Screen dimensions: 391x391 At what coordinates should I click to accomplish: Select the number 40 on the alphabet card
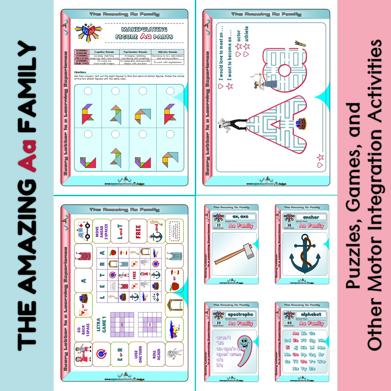coord(289,323)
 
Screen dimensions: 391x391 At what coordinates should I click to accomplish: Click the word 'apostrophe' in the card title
coord(240,315)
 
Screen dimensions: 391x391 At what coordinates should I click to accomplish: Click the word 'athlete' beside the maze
coord(246,34)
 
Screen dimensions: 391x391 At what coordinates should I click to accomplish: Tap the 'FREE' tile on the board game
coord(138,232)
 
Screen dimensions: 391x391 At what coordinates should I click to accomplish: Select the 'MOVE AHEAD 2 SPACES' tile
coord(101,231)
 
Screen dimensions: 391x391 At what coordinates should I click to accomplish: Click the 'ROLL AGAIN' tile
coord(156,355)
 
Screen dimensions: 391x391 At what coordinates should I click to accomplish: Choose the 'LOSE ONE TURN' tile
coord(138,355)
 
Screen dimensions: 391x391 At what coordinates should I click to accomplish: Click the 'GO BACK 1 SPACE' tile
coord(83,330)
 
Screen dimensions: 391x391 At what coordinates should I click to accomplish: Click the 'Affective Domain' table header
coord(168,52)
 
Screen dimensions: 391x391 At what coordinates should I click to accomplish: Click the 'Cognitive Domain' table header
coord(104,52)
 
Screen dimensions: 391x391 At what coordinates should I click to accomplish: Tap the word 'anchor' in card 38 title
coord(311,217)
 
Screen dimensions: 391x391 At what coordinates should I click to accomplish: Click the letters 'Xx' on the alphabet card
coord(296,369)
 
